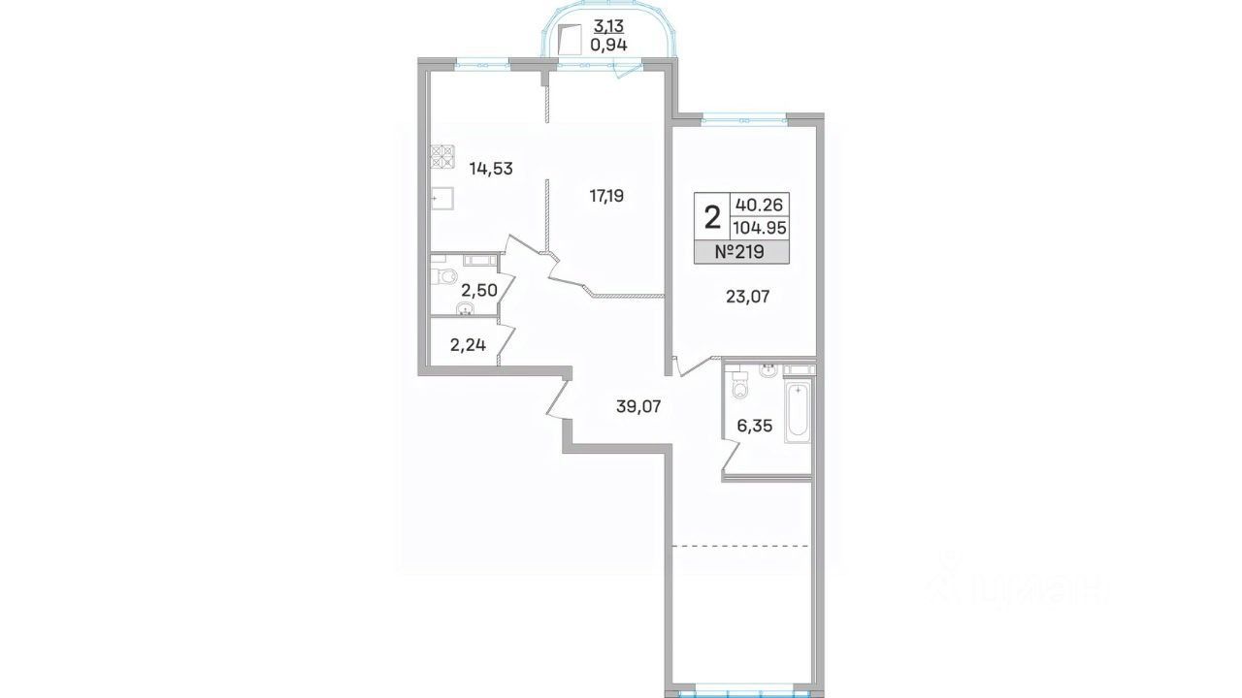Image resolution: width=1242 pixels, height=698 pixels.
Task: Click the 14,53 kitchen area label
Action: pos(103,169)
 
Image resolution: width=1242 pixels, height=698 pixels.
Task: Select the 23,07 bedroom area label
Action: pos(747,297)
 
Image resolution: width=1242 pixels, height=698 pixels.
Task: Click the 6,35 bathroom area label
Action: pos(755,426)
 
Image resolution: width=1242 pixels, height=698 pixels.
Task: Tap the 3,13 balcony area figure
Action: pos(608,25)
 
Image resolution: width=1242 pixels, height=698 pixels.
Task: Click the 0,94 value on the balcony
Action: pos(608,45)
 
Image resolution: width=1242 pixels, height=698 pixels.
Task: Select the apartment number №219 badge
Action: pos(742,252)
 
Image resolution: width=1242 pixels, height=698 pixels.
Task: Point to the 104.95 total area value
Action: pos(760,228)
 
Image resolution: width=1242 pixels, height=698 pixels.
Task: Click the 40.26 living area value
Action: pos(759,205)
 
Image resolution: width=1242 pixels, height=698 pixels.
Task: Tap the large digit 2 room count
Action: pos(712,216)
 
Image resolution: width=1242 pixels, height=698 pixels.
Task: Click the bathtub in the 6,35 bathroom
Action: pos(798,410)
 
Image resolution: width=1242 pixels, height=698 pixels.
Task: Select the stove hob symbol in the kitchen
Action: pos(442,156)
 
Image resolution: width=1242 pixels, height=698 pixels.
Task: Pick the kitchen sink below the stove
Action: pos(442,198)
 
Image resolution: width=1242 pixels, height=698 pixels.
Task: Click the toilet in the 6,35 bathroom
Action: pos(739,385)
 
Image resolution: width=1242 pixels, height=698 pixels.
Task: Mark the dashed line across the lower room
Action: pos(741,546)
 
